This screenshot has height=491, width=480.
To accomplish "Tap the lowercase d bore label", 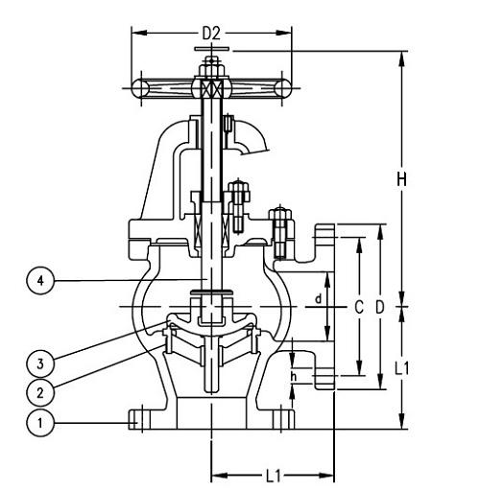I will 318,298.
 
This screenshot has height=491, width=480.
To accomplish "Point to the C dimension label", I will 358,307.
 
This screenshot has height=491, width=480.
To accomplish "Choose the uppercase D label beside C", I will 380,307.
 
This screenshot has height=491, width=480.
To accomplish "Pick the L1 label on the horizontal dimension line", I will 273,475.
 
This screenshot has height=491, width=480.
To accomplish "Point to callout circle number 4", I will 39,281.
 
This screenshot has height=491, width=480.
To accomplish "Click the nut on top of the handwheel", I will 210,67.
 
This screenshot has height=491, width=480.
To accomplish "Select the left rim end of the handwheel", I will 140,88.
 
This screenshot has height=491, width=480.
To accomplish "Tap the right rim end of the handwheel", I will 282,88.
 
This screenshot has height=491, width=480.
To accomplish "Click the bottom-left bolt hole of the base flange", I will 136,419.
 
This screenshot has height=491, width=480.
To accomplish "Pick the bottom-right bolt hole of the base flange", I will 285,419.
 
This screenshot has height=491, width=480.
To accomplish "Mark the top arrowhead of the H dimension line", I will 402,54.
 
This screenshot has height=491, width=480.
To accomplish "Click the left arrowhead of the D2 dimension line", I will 135,34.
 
